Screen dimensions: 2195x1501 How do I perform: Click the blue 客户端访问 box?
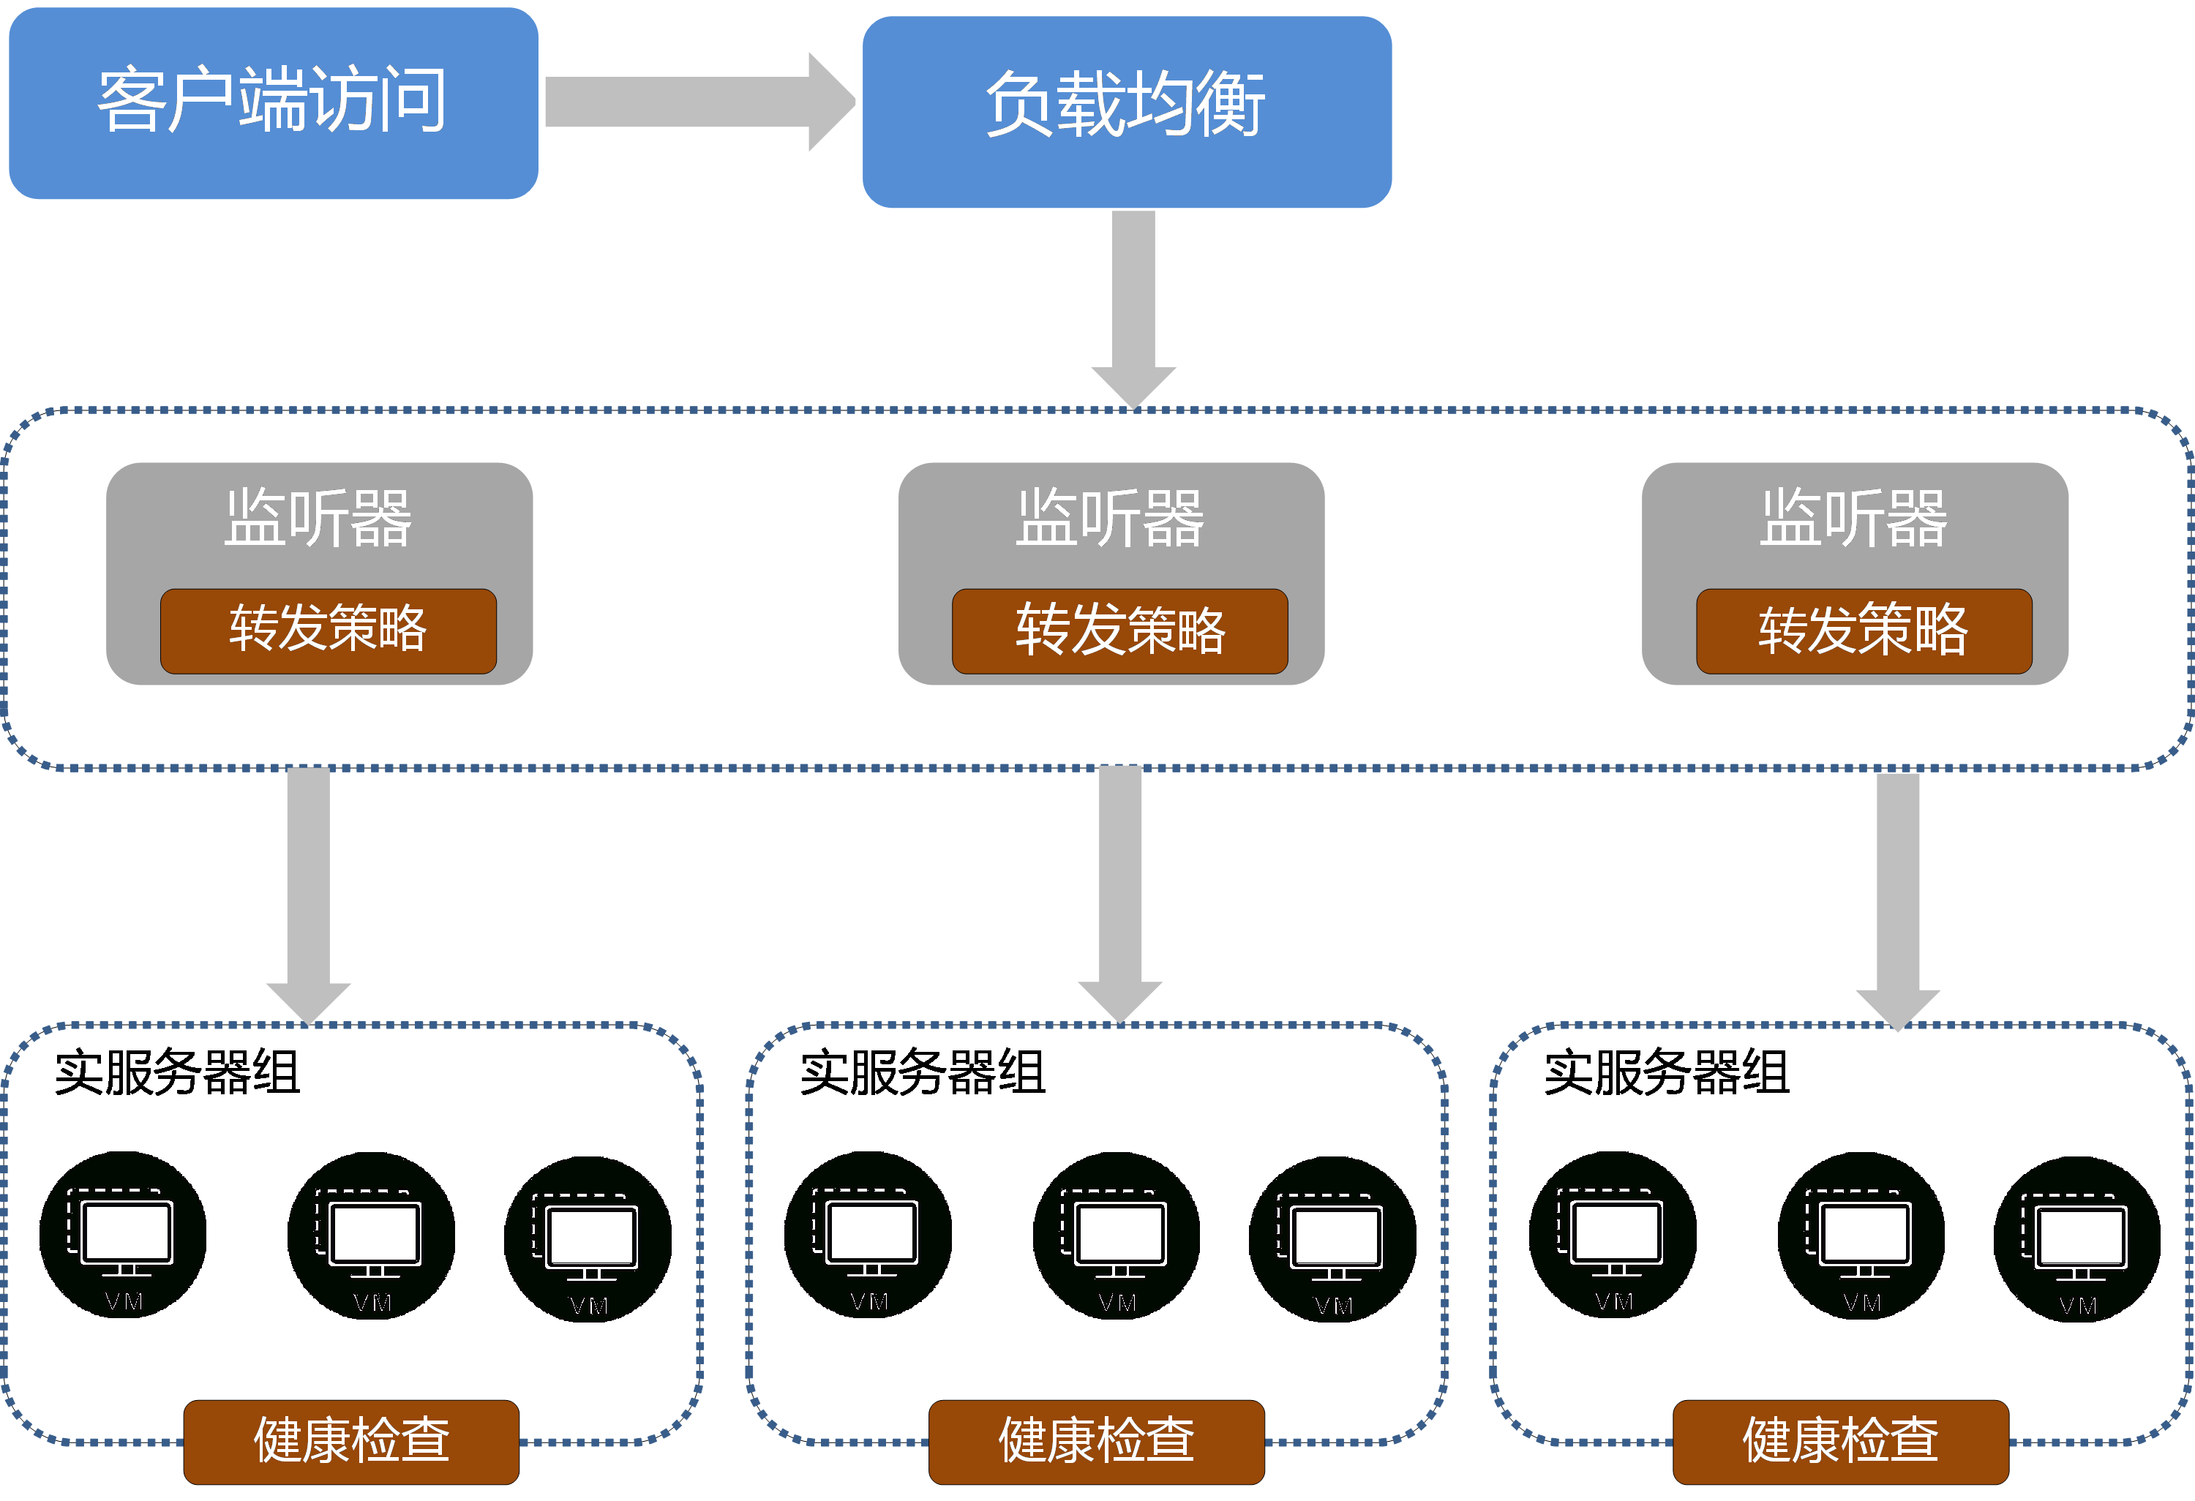pos(274,103)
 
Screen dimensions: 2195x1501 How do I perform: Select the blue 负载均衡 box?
pos(1127,111)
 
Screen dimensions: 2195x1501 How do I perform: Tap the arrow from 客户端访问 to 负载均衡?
pos(700,102)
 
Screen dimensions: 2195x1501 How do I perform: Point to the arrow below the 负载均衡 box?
pos(1133,309)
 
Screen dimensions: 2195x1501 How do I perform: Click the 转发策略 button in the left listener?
pos(329,631)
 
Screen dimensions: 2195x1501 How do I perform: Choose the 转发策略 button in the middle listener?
pos(1120,631)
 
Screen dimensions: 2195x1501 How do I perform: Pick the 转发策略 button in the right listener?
pos(1864,631)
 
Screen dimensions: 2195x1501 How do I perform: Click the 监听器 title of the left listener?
pos(318,519)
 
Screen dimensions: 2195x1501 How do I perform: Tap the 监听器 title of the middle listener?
pos(1111,519)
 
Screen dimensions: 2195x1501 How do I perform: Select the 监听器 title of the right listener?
pos(1854,519)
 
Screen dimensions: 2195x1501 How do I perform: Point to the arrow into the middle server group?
pos(1120,895)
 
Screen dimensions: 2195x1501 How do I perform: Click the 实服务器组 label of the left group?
pos(178,1072)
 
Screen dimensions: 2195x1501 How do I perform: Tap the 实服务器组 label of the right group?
pos(1667,1072)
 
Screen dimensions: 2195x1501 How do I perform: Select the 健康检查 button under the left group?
pos(351,1442)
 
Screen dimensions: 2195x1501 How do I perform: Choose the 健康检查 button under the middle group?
pos(1097,1442)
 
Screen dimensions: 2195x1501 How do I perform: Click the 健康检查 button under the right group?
pos(1841,1442)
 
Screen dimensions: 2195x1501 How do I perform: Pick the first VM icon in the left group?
pos(123,1235)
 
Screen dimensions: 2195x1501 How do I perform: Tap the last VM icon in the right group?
pos(2078,1240)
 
